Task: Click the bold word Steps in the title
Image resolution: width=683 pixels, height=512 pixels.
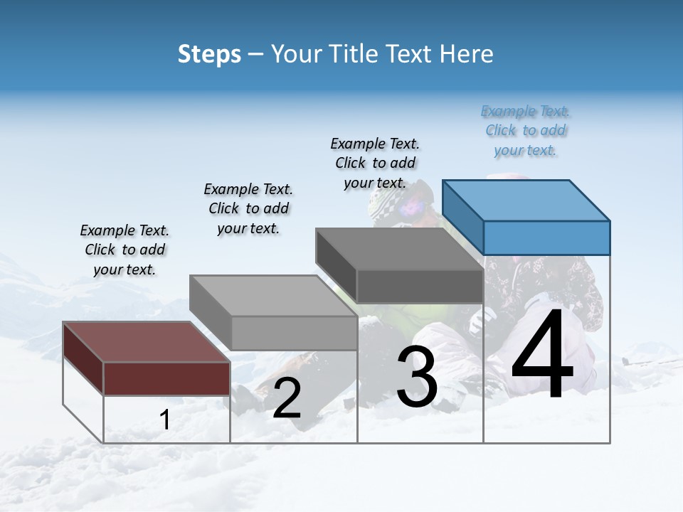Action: point(209,54)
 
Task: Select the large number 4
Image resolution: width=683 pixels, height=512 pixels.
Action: point(542,358)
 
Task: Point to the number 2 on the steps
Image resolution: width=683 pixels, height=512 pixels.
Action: point(287,398)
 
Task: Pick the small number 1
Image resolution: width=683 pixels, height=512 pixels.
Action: point(165,420)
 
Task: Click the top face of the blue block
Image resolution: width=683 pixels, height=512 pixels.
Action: point(525,200)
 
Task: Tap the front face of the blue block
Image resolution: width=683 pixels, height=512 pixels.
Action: point(546,238)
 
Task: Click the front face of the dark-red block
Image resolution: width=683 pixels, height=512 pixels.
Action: point(166,378)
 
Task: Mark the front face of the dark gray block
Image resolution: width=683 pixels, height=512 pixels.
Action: point(420,286)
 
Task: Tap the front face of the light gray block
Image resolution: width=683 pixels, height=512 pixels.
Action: point(294,332)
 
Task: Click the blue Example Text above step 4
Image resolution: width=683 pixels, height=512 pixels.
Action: point(525,131)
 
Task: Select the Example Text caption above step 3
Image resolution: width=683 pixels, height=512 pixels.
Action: point(375,163)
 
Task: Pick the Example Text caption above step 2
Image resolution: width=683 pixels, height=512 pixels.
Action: point(248,208)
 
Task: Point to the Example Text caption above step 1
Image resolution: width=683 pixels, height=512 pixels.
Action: point(125,250)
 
